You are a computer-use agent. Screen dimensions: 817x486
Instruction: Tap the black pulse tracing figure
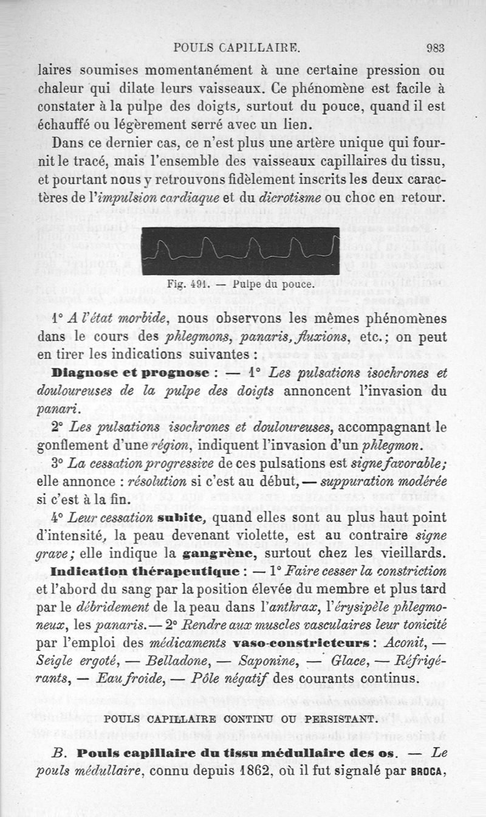pos(240,250)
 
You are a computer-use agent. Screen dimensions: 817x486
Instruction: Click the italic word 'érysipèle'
pos(348,607)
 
